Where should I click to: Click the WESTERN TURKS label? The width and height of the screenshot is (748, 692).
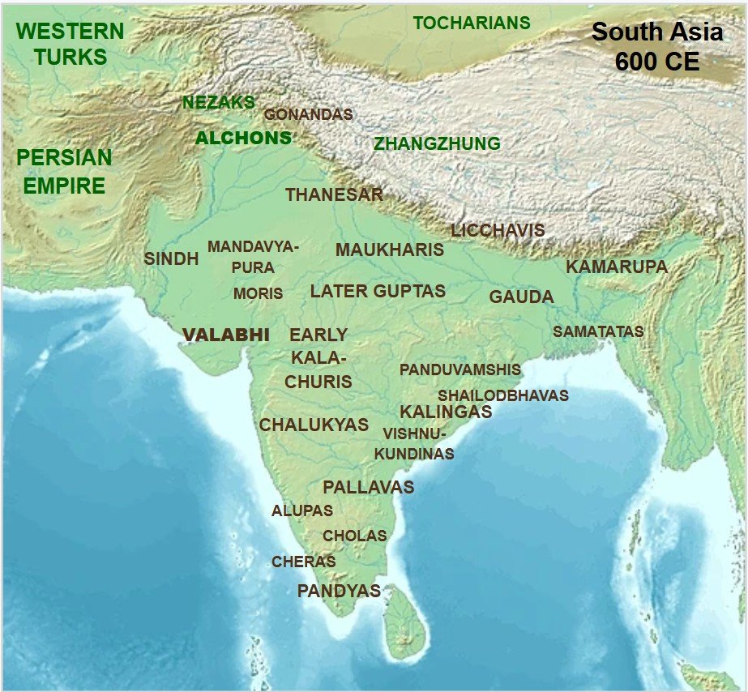pos(71,45)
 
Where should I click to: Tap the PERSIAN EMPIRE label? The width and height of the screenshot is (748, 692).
pos(64,171)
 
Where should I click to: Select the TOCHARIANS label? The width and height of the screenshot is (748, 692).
pos(472,23)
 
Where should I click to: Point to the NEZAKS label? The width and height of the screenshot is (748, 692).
pos(219,103)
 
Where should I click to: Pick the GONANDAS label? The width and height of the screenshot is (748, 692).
pos(309,115)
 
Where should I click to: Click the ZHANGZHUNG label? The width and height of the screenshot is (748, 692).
pos(437,144)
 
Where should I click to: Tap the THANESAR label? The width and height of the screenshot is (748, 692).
pos(334,195)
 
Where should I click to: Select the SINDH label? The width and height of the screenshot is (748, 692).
pos(171,259)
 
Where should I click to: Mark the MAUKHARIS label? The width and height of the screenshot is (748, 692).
pos(390,250)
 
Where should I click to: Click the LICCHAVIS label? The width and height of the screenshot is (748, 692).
pos(498,231)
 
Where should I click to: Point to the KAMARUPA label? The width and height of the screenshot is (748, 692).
pos(617,267)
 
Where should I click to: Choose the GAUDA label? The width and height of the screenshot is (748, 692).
pos(521,297)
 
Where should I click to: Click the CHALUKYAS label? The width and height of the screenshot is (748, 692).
pos(314,425)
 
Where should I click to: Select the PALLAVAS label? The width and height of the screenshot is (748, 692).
pos(368,488)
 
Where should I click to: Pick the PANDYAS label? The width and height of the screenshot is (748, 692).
pos(339,592)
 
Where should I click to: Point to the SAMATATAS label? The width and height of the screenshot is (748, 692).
pos(598,332)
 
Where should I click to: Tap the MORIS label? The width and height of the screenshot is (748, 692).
pos(258,294)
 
